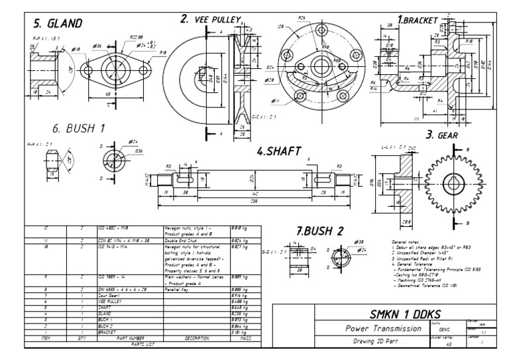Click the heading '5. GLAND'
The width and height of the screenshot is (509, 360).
[x=58, y=24]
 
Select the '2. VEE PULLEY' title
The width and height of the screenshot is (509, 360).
[x=210, y=19]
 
